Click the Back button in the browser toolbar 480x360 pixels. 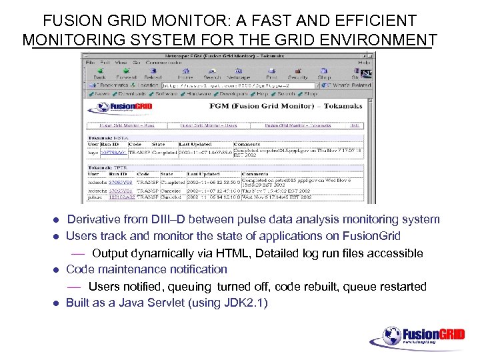point(100,73)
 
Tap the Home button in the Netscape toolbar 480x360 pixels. point(185,73)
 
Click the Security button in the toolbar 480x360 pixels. point(297,73)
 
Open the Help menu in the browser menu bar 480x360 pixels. point(364,62)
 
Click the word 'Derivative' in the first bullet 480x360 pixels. point(95,219)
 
